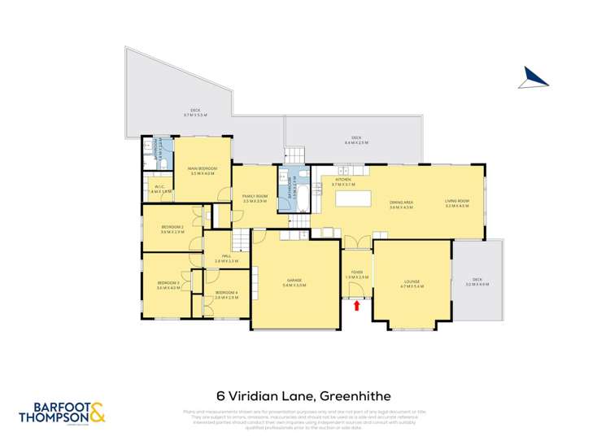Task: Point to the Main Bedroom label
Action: (x=203, y=171)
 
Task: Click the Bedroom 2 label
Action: (x=172, y=229)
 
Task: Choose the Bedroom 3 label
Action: (x=168, y=284)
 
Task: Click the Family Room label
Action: (x=255, y=198)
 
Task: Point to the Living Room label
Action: (x=457, y=204)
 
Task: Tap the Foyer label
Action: (x=357, y=274)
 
